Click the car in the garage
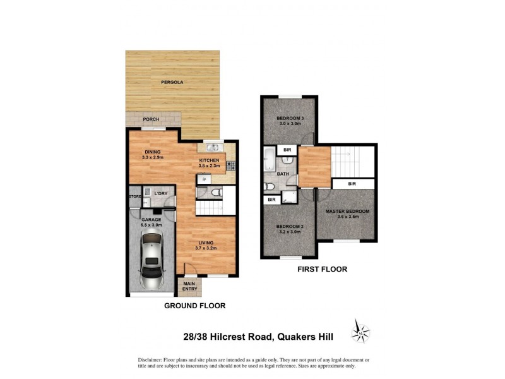tap(151, 259)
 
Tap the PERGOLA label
tap(172, 83)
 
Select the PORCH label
tap(150, 119)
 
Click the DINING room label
tap(151, 151)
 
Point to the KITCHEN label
tap(209, 160)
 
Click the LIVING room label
tap(205, 243)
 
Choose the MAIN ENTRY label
tap(189, 287)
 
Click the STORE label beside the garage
tap(134, 197)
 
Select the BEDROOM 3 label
tap(291, 119)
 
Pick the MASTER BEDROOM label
tap(347, 211)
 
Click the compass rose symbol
tap(360, 331)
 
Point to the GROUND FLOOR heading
tap(194, 306)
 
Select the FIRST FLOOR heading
tap(322, 269)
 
